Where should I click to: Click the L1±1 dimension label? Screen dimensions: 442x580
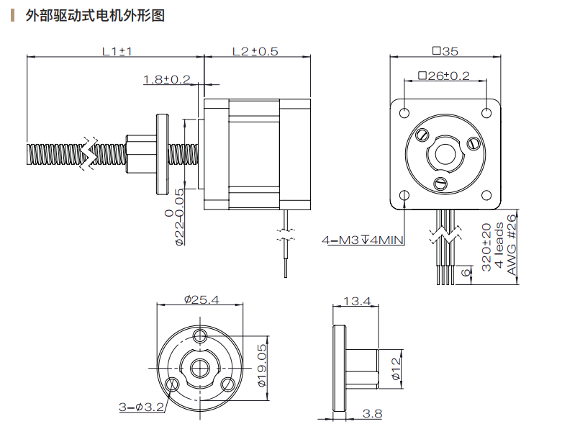tap(117, 51)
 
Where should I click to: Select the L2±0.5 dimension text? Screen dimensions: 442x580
tap(255, 51)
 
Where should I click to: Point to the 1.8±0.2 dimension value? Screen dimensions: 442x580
tap(166, 79)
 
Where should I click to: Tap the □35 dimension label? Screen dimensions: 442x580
tap(445, 51)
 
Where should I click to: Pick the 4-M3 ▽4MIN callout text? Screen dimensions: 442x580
tap(363, 240)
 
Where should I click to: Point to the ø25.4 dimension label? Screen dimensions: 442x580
tap(201, 299)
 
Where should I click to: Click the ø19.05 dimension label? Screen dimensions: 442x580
tap(263, 366)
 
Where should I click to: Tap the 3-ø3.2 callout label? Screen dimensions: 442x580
tap(142, 407)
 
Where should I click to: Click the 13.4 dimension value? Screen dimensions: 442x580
tap(356, 301)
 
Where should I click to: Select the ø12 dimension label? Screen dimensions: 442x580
tap(395, 369)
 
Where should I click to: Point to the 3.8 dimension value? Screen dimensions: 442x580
tap(373, 413)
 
